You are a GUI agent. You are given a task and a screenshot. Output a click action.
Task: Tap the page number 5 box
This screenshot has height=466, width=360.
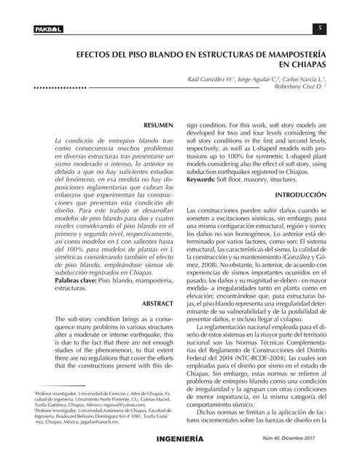[x=319, y=28]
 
